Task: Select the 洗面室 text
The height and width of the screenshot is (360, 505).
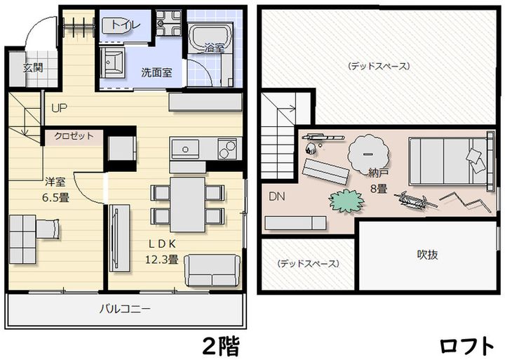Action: coord(157,72)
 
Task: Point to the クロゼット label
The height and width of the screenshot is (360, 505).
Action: coord(74,136)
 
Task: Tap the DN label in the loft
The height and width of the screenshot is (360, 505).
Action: coord(278,196)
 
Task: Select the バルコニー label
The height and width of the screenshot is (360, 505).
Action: coord(124,308)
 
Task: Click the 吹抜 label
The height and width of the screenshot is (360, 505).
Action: coord(428,255)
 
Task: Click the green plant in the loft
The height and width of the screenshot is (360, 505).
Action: coord(346,201)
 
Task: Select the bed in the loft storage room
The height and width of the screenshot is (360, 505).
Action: coord(446,161)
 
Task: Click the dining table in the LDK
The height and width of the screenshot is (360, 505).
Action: coord(187,199)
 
